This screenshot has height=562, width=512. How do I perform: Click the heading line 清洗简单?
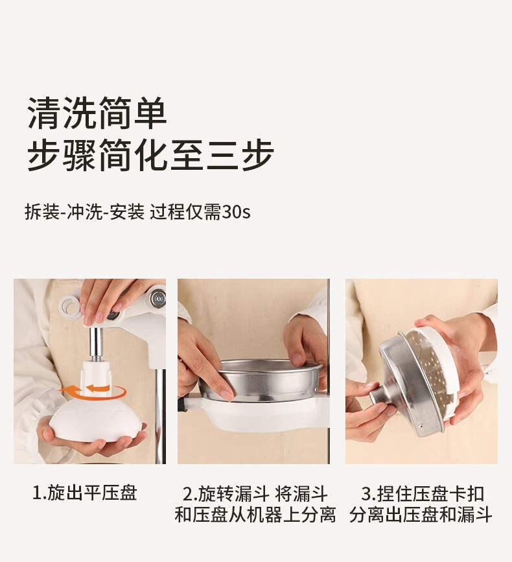(x=97, y=113)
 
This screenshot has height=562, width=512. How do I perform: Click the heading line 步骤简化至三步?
(x=150, y=155)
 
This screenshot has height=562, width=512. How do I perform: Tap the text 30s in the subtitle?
(x=236, y=212)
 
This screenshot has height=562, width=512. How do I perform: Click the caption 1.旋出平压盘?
(x=84, y=493)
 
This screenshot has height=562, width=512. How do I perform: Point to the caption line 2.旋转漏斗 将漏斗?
(x=255, y=493)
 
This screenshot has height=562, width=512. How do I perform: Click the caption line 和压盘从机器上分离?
(x=255, y=515)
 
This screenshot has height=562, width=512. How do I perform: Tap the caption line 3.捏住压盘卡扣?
(x=422, y=493)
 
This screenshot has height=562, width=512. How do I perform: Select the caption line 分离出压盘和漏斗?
(x=421, y=515)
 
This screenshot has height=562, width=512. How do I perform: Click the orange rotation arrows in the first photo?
(x=92, y=392)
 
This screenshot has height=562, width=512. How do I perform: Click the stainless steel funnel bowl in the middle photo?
(x=266, y=381)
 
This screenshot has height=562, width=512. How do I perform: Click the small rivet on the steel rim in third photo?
(x=421, y=426)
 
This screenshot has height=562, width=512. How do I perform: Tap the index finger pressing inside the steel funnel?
(x=215, y=377)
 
